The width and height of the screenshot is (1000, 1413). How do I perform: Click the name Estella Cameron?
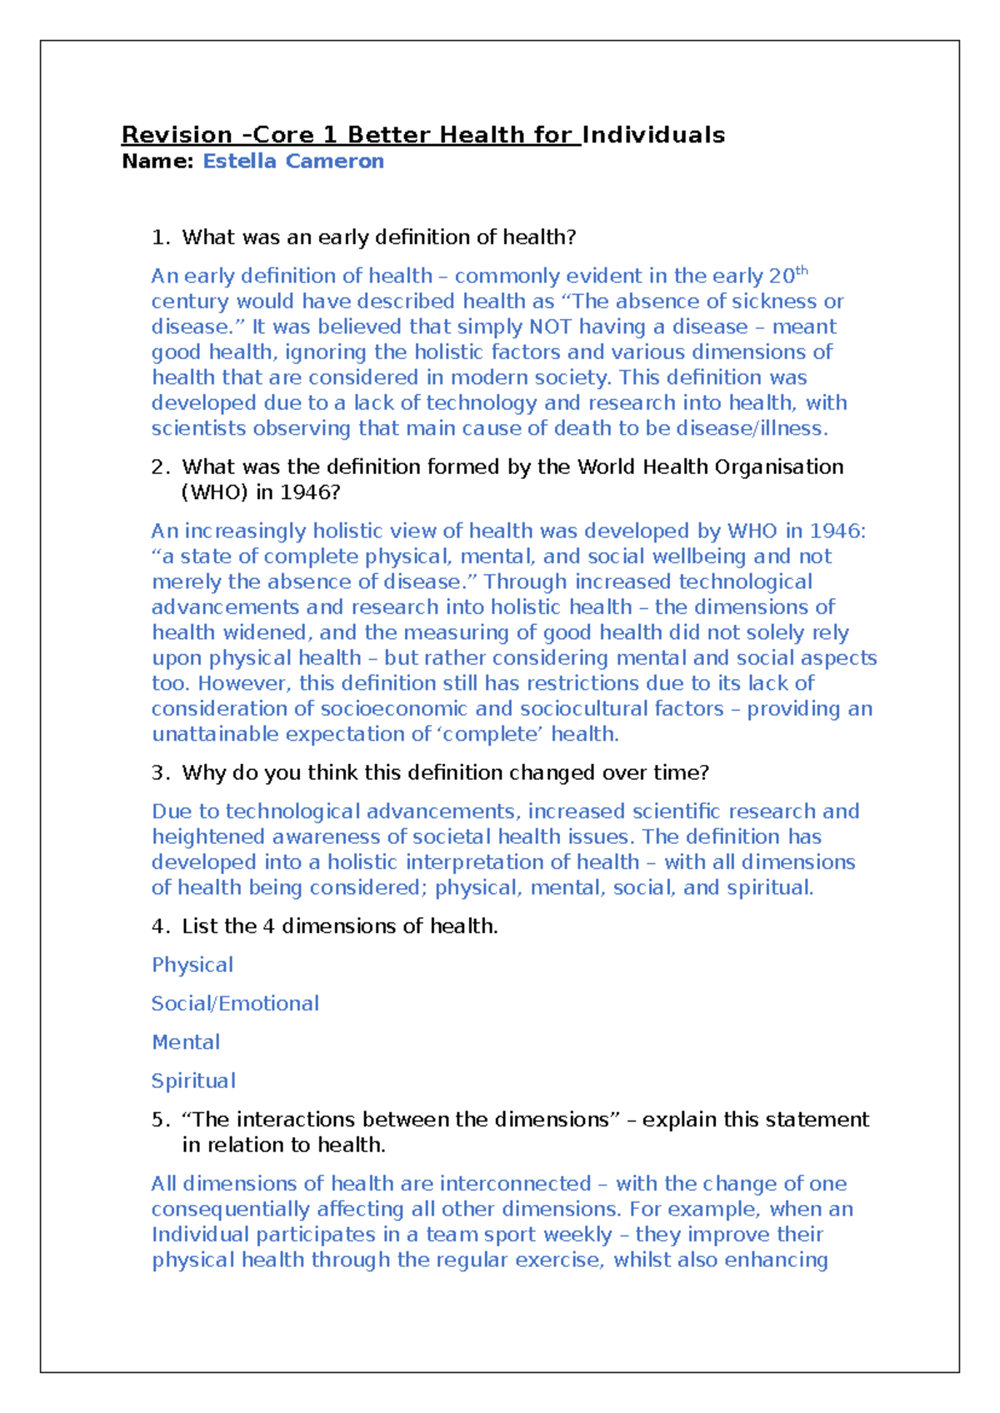[293, 162]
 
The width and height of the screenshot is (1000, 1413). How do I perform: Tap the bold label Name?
[157, 162]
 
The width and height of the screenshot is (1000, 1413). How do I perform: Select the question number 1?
[160, 237]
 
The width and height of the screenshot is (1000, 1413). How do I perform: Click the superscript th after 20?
[802, 270]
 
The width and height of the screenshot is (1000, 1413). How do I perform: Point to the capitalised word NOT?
[550, 327]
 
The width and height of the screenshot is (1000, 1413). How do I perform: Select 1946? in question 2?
[310, 492]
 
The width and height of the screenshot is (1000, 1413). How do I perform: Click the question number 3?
[160, 773]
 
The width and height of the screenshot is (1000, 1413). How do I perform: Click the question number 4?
[160, 926]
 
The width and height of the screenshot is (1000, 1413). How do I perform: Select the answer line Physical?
[192, 965]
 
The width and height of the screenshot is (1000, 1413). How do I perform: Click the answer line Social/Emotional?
[235, 1004]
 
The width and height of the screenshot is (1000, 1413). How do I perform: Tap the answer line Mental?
[186, 1042]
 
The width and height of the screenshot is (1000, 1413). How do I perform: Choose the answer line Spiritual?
[193, 1081]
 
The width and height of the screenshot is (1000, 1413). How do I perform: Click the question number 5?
[160, 1120]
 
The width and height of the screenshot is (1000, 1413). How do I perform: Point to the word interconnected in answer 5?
[515, 1184]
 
